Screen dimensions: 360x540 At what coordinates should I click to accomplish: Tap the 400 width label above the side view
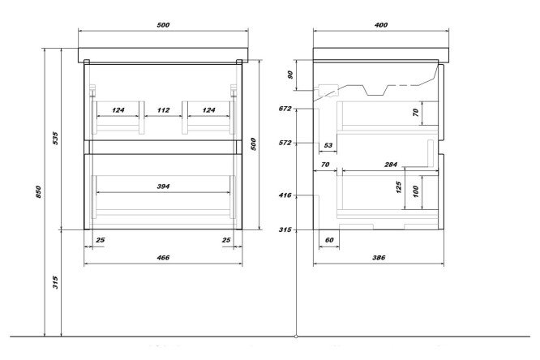tap(381, 24)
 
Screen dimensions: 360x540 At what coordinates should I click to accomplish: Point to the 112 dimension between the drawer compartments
tap(162, 110)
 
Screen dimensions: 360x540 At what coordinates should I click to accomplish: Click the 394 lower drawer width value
tap(162, 186)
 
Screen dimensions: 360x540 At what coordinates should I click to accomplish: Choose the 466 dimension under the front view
tap(162, 257)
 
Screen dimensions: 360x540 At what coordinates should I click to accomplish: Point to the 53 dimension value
tap(328, 146)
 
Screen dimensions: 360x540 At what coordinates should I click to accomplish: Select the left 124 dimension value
tap(118, 110)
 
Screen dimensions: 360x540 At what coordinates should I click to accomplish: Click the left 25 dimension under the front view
tap(100, 241)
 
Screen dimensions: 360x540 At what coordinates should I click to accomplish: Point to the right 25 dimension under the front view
tap(226, 241)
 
